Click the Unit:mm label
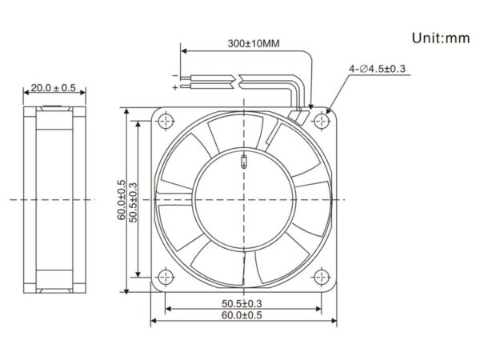click(441, 38)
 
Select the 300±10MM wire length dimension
click(254, 43)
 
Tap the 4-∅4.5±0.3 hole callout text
click(377, 69)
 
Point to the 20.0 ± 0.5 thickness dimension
click(54, 88)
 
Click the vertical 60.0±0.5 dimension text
click(122, 200)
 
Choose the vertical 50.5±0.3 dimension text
click(134, 202)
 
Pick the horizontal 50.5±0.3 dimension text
click(242, 304)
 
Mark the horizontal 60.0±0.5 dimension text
click(242, 315)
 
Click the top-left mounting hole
click(166, 122)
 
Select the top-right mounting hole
click(322, 122)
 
